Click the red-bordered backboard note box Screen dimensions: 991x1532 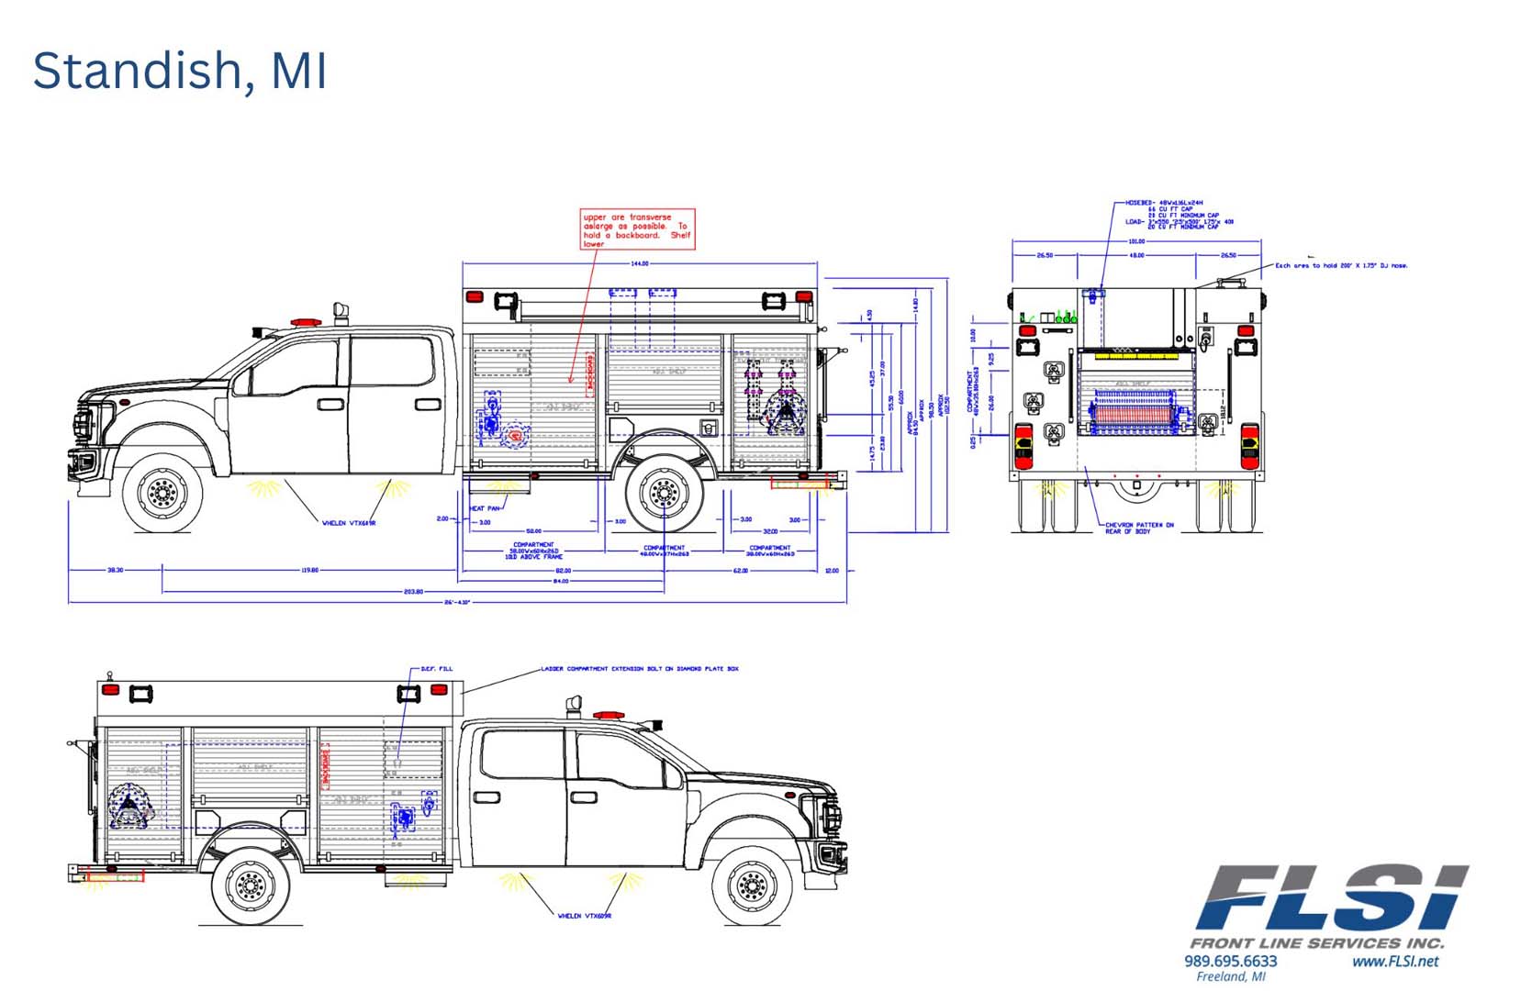(x=637, y=229)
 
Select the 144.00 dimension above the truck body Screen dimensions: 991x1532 (x=639, y=263)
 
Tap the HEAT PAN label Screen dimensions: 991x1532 (x=485, y=508)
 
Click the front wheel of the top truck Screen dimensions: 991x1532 (x=162, y=494)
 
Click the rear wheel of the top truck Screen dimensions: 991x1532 (x=664, y=494)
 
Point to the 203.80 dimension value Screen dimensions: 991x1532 (x=413, y=592)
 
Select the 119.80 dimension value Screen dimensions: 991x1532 (x=309, y=570)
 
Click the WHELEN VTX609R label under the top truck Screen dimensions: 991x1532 (x=348, y=523)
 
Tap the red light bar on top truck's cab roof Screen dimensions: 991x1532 (x=306, y=322)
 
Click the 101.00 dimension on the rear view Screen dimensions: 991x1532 (x=1136, y=241)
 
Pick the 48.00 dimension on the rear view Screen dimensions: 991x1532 (x=1136, y=255)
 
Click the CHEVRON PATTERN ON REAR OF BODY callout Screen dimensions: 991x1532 (x=1138, y=529)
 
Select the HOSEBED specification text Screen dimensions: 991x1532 (x=1180, y=214)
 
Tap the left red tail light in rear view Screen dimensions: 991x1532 (x=1023, y=446)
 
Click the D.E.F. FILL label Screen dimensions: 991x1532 (x=436, y=669)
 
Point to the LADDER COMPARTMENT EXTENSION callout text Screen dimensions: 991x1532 (x=640, y=669)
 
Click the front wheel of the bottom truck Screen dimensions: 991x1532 (x=752, y=885)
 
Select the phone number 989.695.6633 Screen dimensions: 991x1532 (x=1230, y=961)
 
